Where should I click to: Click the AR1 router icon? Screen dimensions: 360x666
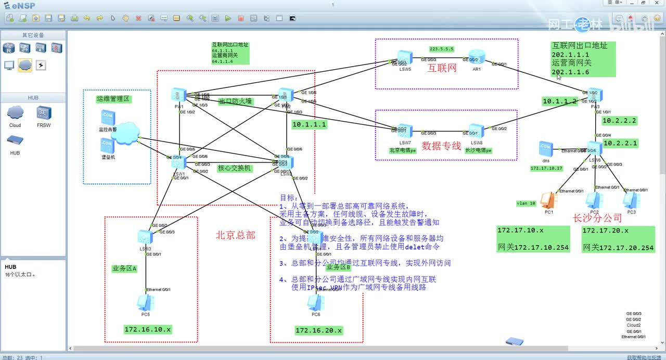tap(476, 57)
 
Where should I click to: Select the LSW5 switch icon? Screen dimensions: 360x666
tap(405, 57)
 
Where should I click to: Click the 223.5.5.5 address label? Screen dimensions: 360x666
tap(442, 49)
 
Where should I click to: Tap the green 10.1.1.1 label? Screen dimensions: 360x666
tap(309, 124)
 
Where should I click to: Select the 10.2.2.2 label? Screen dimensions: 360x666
tap(619, 121)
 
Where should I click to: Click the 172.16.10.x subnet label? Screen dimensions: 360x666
tap(148, 329)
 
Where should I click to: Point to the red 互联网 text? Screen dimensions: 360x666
tap(442, 68)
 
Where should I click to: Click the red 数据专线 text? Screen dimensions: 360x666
tap(441, 146)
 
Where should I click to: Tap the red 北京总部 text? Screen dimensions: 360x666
tap(236, 235)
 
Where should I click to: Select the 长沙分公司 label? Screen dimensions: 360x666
tap(597, 217)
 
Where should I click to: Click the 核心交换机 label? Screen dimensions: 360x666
tap(234, 168)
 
